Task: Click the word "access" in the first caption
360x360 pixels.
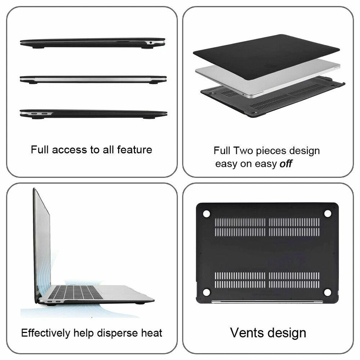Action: pyautogui.click(x=69, y=150)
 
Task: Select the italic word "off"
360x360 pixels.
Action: pyautogui.click(x=286, y=164)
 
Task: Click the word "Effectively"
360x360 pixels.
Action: pyautogui.click(x=45, y=333)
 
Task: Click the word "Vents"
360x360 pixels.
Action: pyautogui.click(x=247, y=333)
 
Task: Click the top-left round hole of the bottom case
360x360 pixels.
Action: pyautogui.click(x=206, y=213)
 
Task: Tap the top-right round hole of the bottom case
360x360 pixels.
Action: pyautogui.click(x=328, y=213)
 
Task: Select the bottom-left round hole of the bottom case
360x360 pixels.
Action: pyautogui.click(x=206, y=292)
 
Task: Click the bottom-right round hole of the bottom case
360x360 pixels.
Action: pyautogui.click(x=328, y=292)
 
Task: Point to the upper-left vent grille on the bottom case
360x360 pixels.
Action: pyautogui.click(x=240, y=227)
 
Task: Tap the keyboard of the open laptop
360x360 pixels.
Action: pyautogui.click(x=77, y=292)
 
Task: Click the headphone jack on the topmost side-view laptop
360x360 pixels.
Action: pyautogui.click(x=151, y=42)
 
